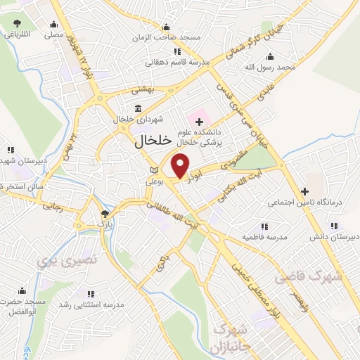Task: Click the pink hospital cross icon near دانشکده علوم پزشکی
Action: [x=199, y=114]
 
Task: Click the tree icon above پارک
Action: [x=105, y=214]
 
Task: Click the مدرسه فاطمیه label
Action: [x=264, y=238]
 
